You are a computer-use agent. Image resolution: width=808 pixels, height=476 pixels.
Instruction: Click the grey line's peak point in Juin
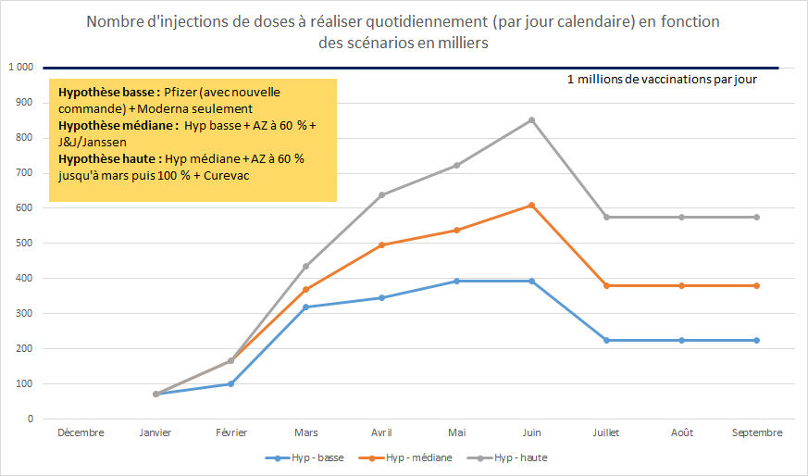point(531,119)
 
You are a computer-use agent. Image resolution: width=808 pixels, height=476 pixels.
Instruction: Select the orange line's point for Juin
point(531,205)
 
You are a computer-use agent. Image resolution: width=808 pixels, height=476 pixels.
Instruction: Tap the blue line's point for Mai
point(456,281)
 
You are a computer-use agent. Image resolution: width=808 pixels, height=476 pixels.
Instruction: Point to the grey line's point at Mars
point(306,266)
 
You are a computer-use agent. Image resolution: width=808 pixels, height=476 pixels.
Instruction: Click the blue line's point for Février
point(231,383)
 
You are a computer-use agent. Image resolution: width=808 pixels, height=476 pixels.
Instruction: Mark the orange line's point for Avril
point(381,244)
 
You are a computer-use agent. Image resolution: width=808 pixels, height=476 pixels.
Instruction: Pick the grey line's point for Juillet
point(606,217)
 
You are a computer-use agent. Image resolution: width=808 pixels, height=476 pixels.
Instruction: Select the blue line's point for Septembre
point(756,340)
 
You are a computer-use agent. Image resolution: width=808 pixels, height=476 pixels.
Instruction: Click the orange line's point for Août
point(681,285)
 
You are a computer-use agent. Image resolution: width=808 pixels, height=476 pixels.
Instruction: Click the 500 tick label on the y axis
point(24,244)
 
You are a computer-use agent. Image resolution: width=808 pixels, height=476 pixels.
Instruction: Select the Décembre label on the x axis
point(81,432)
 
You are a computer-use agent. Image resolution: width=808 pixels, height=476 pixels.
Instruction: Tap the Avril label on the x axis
point(381,432)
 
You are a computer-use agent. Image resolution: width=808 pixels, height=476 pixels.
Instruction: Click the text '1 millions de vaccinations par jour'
point(662,80)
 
